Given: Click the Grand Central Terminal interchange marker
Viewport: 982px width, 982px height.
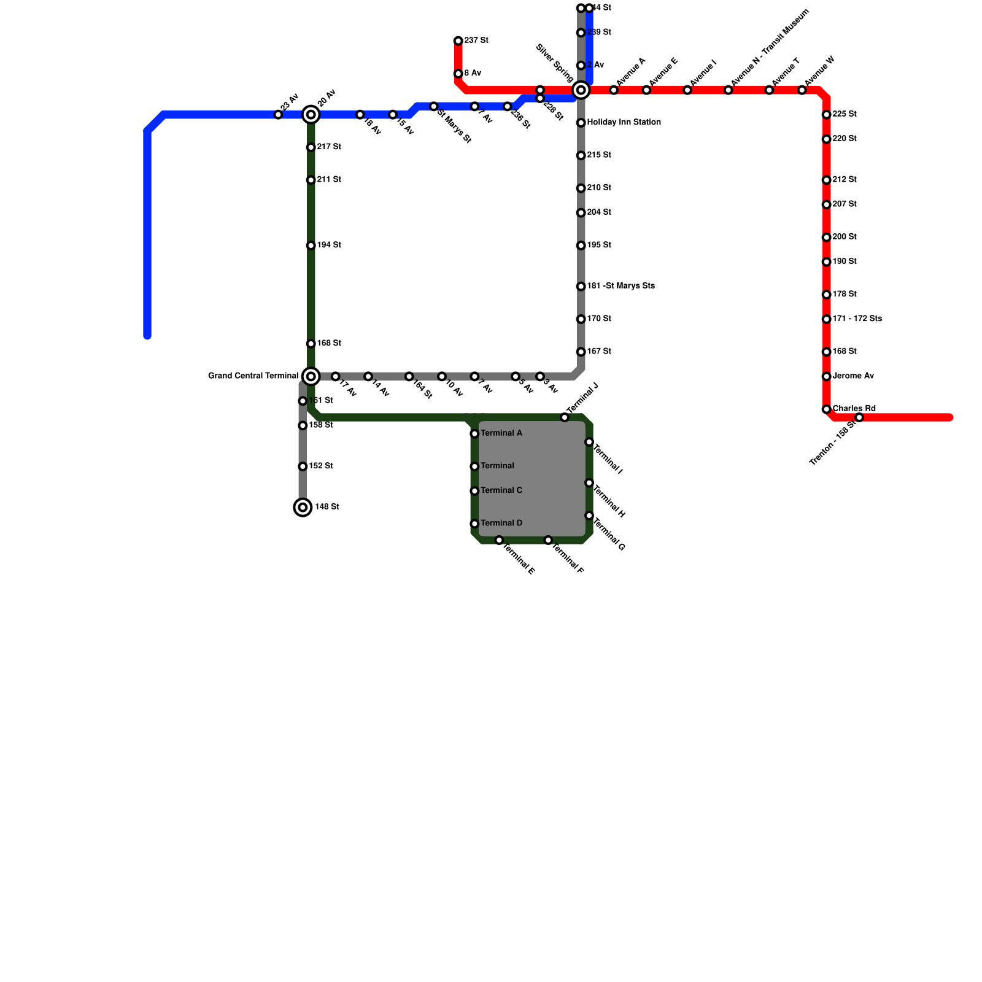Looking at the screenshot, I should coord(311,376).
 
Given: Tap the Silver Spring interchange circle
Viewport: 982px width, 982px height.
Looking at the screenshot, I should coord(581,90).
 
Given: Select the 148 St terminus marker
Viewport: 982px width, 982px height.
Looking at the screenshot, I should coord(303,507).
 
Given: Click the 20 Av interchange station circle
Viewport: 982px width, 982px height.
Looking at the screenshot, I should coord(311,115).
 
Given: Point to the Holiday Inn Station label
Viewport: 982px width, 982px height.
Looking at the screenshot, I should coord(624,123).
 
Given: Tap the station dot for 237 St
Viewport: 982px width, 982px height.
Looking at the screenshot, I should coord(458,41).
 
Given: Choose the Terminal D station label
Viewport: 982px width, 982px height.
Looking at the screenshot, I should coord(501,524).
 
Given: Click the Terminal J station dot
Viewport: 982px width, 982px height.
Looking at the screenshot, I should coord(565,417).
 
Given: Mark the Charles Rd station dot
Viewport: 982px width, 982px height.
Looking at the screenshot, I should coord(827,409).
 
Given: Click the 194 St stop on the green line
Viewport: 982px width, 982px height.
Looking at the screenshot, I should coord(311,245).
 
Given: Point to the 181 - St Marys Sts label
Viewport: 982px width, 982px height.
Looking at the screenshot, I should coord(621,286).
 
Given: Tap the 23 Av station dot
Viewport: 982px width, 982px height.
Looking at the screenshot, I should coord(278,115).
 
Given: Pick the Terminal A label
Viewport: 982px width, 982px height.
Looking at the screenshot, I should coord(501,433).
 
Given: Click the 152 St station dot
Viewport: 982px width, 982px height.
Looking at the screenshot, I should coord(303,466).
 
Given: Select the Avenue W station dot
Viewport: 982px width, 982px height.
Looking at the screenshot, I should coord(802,90).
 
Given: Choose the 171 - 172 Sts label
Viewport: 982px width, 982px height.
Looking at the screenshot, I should coord(857,319).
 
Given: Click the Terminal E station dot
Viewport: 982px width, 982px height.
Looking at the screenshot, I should coord(499,540).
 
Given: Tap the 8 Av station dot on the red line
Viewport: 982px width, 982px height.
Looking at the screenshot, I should coord(458,74).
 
